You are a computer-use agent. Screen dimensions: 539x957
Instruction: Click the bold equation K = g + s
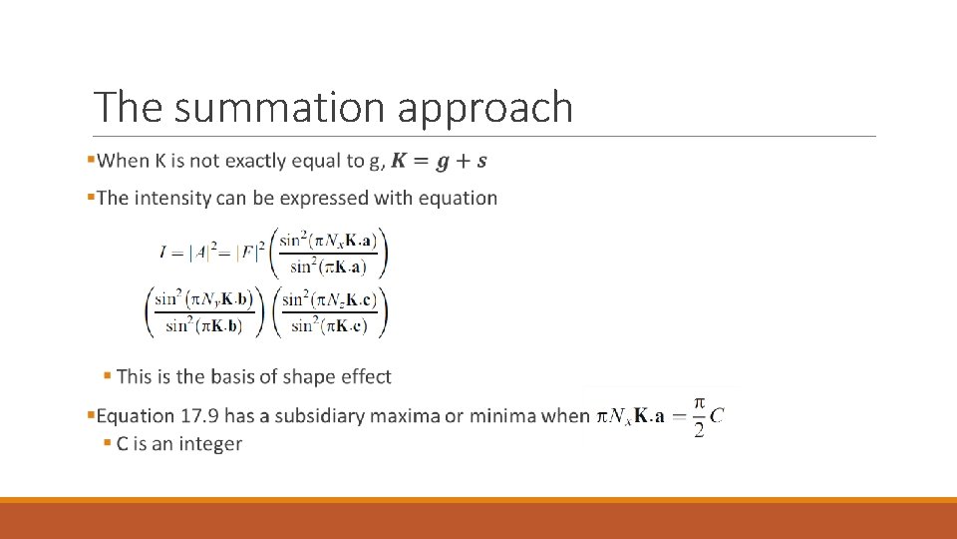(440, 161)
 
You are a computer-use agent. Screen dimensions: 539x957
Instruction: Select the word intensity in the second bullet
(171, 198)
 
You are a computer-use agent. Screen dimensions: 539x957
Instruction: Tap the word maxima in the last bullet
(405, 416)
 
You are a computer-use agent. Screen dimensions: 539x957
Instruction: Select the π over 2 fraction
(699, 416)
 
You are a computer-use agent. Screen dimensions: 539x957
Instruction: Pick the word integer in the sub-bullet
(209, 443)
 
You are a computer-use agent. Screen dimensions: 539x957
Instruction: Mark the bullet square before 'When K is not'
(91, 160)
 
